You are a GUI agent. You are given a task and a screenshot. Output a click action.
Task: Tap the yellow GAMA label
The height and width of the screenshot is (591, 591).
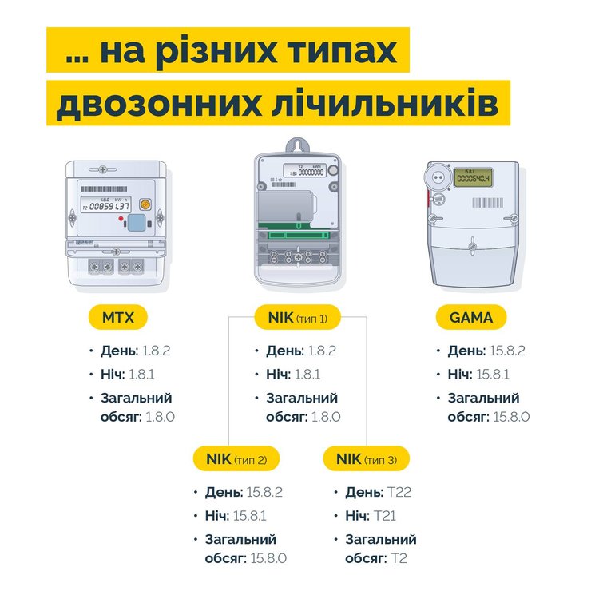click(x=471, y=318)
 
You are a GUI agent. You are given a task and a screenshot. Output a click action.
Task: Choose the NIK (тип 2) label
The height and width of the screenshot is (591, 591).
click(x=236, y=458)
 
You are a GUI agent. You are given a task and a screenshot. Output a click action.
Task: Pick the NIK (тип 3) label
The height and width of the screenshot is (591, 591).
click(x=367, y=458)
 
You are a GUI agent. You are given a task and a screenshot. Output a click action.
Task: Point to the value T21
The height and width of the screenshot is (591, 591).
click(x=385, y=516)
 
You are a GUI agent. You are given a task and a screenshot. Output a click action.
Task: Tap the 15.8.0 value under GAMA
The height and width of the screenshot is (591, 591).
click(x=512, y=416)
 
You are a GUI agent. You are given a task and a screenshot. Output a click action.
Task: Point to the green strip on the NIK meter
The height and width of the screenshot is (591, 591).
click(x=297, y=235)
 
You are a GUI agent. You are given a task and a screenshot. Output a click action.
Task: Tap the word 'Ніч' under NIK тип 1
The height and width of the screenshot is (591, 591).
click(x=277, y=374)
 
